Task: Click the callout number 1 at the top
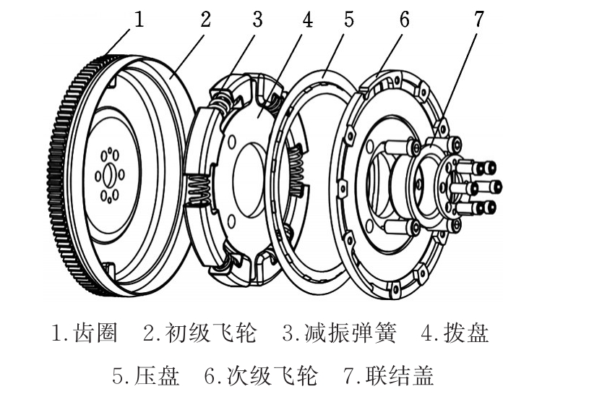(x=139, y=19)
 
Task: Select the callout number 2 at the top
(x=205, y=19)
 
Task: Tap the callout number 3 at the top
(x=257, y=19)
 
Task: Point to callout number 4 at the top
(x=308, y=19)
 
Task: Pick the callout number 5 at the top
(x=349, y=19)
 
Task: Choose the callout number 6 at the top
(x=404, y=19)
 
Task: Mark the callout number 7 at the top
(x=478, y=19)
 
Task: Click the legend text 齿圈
(x=96, y=333)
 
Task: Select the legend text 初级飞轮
(x=211, y=333)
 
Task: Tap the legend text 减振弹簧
(x=350, y=333)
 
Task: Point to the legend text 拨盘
(x=466, y=333)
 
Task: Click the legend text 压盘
(x=157, y=375)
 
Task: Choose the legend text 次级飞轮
(x=272, y=375)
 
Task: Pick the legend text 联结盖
(x=400, y=375)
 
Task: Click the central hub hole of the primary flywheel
(x=108, y=176)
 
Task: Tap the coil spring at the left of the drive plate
(x=199, y=190)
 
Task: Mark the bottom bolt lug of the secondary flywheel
(x=395, y=289)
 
